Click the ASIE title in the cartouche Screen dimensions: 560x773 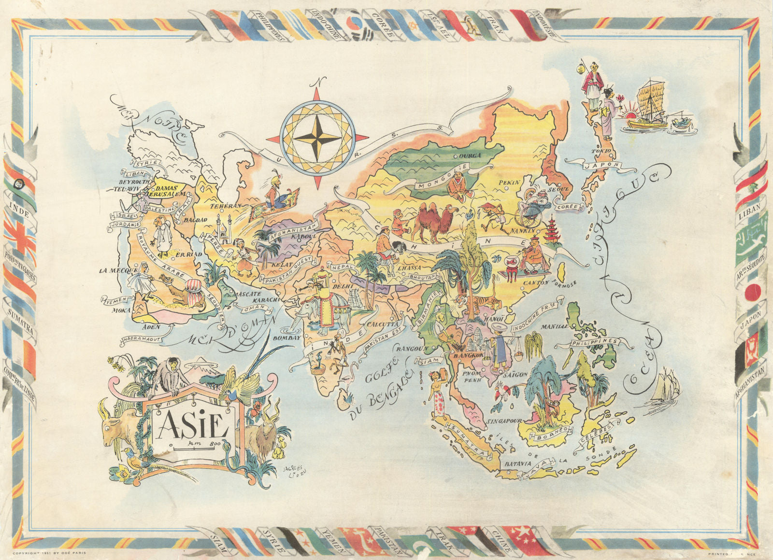[192, 425]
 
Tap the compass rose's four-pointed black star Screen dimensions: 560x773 [317, 137]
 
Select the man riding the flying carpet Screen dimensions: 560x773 [275, 191]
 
